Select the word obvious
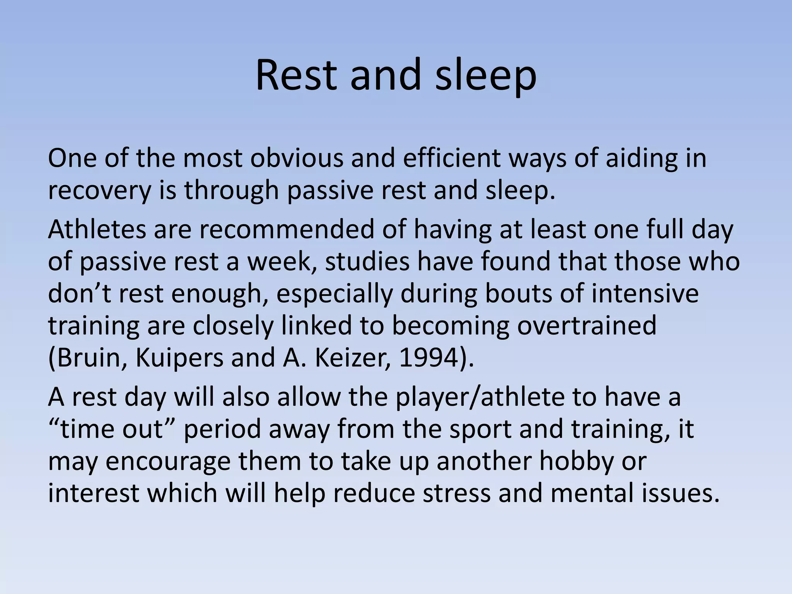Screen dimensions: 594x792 pos(297,158)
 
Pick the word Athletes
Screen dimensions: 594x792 pos(97,229)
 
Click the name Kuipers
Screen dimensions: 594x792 pos(179,357)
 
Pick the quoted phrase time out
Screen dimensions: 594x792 pos(112,429)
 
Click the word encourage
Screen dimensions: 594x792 pos(168,461)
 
